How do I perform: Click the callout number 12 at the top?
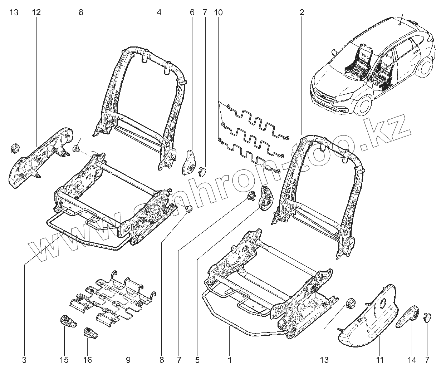coord(36,13)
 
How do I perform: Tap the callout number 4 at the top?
coord(159,13)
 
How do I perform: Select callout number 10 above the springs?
coord(218,13)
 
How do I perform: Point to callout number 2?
coord(302,13)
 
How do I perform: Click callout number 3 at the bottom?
coord(24,360)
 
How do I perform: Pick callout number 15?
coord(64,360)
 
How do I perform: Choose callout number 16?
coord(88,360)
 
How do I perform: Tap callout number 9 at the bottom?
coord(128,360)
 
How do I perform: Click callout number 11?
coord(380,360)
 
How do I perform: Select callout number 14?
coord(412,360)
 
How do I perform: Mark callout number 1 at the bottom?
coord(230,360)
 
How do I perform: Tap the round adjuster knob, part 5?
coord(265,198)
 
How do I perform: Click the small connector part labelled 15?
coord(68,321)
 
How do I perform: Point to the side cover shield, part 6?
coord(189,162)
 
